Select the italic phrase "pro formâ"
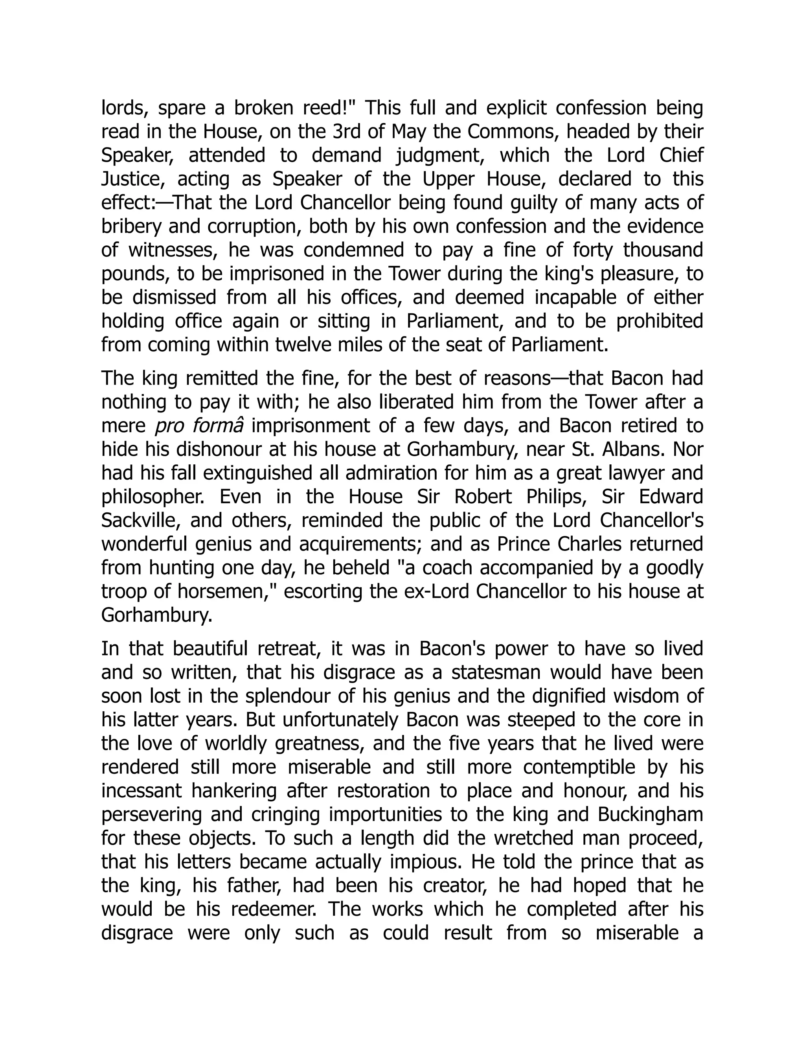pos(199,425)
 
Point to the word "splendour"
pos(288,696)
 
